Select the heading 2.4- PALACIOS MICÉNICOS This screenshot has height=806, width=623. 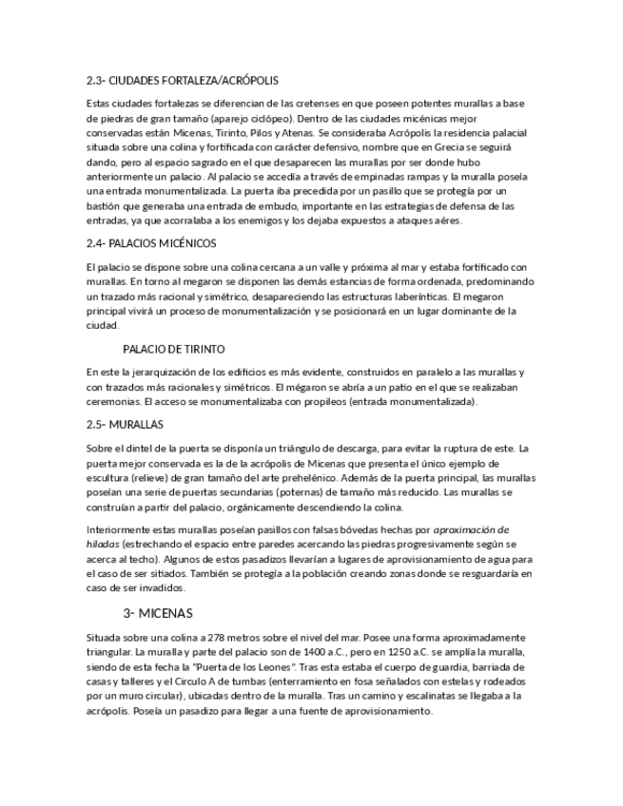(x=151, y=243)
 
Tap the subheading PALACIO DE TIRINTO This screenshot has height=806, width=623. (x=174, y=349)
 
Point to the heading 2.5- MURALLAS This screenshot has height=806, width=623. (x=125, y=424)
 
